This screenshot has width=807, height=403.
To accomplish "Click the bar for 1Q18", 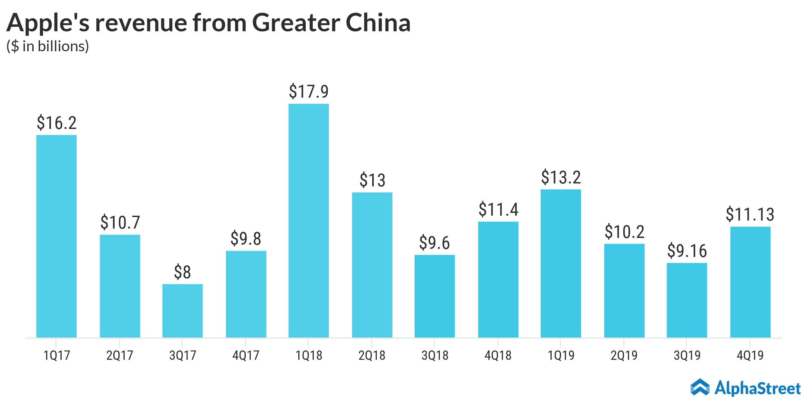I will click(x=309, y=221).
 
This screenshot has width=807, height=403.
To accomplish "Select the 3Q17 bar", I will click(x=182, y=311).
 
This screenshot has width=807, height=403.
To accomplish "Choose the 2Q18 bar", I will click(x=372, y=265).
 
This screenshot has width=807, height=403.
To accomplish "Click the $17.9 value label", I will click(x=309, y=91).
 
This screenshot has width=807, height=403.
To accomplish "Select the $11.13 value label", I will click(x=750, y=214).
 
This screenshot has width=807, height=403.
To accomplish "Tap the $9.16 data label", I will click(x=687, y=251).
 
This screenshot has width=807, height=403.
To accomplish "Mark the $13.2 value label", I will click(x=561, y=177).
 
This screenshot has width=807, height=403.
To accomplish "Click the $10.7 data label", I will click(x=120, y=222).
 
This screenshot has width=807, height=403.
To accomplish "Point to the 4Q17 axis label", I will click(x=246, y=355).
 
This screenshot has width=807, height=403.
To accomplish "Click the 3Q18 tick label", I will click(x=435, y=355).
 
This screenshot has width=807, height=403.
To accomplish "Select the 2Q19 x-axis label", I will click(x=624, y=355).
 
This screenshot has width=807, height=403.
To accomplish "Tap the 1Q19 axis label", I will click(x=561, y=355).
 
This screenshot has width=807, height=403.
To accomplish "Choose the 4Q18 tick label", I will click(x=498, y=355).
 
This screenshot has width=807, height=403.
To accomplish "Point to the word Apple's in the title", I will click(x=48, y=23).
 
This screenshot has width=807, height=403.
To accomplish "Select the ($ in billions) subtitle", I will click(x=47, y=46).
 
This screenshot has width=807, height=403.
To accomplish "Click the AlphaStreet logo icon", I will click(x=700, y=387).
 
